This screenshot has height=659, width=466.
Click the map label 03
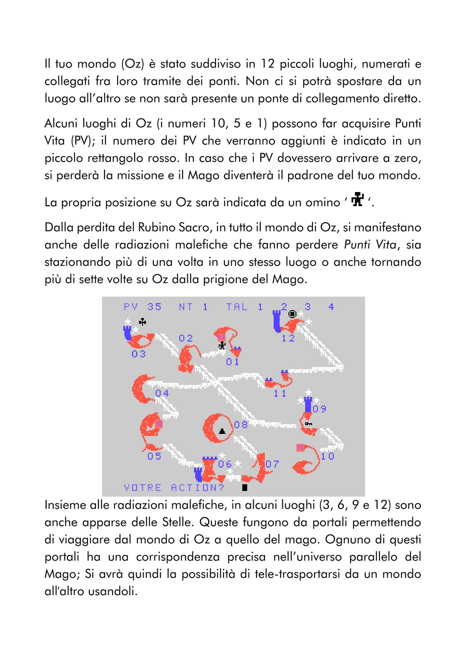click(x=138, y=354)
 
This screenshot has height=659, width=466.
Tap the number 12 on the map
click(x=288, y=338)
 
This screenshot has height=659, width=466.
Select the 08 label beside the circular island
click(x=241, y=425)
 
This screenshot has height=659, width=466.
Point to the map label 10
click(x=327, y=456)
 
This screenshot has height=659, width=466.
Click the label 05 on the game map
click(x=154, y=456)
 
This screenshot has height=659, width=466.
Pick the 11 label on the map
click(x=280, y=394)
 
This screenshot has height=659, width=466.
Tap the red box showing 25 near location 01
click(x=221, y=338)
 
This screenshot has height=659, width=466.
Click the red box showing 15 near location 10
click(x=300, y=448)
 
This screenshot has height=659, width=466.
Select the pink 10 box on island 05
click(x=159, y=424)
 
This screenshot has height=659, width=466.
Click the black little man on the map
click(x=222, y=346)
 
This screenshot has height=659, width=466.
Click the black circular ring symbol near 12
click(x=292, y=314)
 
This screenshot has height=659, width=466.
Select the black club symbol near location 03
click(x=143, y=322)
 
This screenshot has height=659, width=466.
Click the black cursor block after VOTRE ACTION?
click(x=245, y=487)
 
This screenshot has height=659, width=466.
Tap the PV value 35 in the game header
click(x=154, y=307)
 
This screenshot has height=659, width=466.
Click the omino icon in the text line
click(x=358, y=200)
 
